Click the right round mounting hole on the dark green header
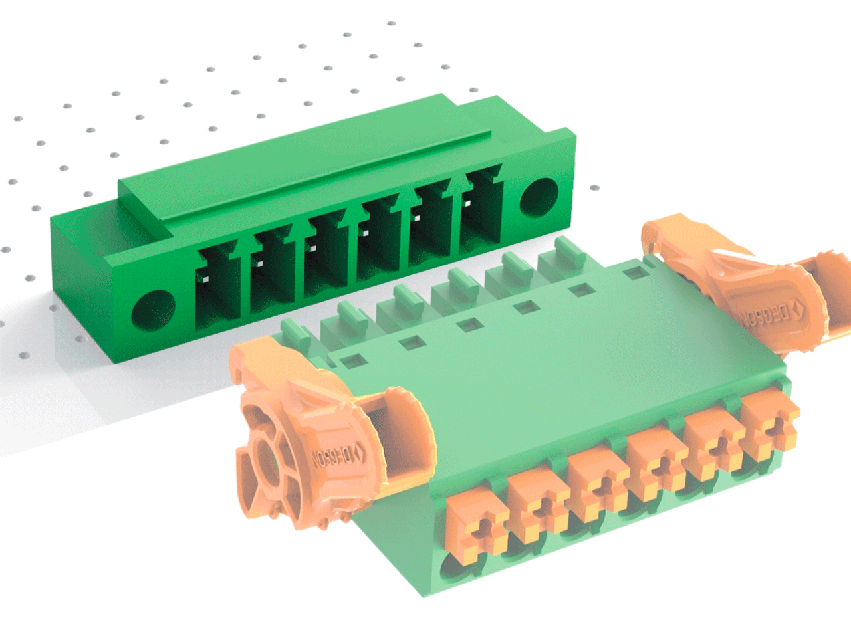pyautogui.click(x=539, y=198)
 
